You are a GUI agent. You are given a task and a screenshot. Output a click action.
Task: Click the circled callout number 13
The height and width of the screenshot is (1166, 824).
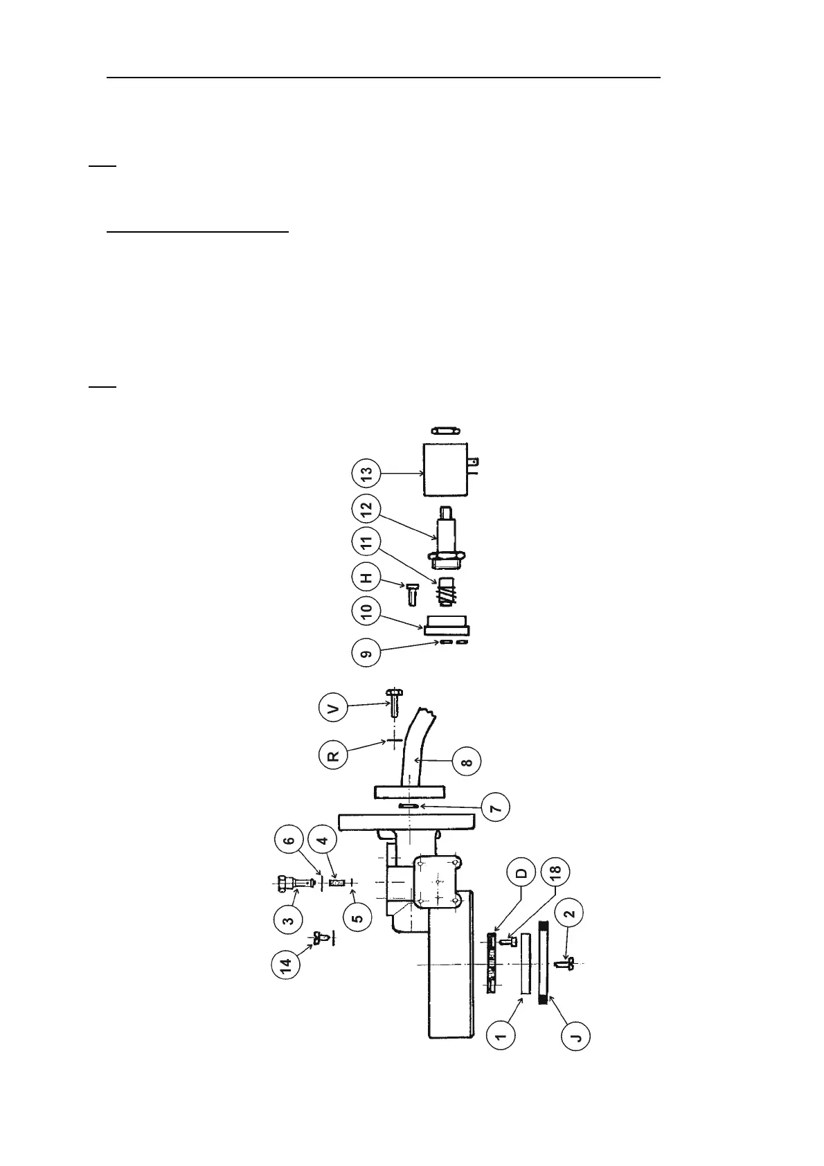click(366, 474)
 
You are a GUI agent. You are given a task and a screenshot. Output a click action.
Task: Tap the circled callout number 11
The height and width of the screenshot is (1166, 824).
click(366, 543)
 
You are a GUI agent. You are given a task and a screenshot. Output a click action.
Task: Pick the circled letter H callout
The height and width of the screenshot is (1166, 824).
click(366, 577)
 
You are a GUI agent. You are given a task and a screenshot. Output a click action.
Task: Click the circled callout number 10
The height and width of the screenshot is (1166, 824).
click(366, 611)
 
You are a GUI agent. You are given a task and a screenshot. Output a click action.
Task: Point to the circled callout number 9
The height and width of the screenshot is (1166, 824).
click(366, 652)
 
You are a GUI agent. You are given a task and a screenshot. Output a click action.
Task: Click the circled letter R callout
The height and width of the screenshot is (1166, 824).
click(333, 754)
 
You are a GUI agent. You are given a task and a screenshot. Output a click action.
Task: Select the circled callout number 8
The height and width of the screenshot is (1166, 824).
click(467, 762)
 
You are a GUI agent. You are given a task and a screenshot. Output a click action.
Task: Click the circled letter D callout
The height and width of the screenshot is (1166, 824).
click(521, 873)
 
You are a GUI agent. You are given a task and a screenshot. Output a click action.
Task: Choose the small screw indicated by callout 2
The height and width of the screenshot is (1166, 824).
click(564, 962)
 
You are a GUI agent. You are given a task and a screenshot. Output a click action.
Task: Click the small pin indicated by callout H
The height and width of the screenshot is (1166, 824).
click(412, 593)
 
